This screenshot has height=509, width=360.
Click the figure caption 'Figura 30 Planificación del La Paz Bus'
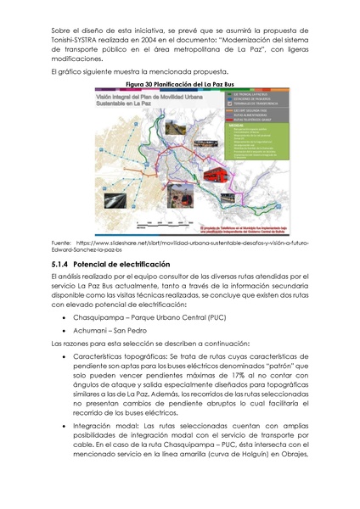[179, 87]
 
